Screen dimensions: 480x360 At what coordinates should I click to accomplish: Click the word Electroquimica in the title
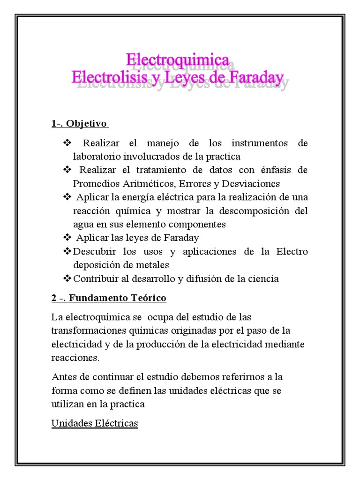tap(178, 60)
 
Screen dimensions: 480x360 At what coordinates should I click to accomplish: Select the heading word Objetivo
tap(86, 124)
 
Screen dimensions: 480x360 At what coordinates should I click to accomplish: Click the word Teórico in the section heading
tap(149, 298)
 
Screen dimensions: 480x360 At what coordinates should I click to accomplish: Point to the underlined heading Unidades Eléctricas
tap(95, 424)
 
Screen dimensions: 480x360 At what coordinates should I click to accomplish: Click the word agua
tap(82, 224)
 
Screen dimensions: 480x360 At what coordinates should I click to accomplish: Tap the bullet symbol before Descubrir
tap(67, 252)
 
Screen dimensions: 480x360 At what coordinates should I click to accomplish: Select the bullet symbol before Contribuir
tap(67, 279)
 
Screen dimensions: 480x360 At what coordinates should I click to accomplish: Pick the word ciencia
tap(262, 279)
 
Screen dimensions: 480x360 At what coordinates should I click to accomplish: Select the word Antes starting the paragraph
tap(64, 377)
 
